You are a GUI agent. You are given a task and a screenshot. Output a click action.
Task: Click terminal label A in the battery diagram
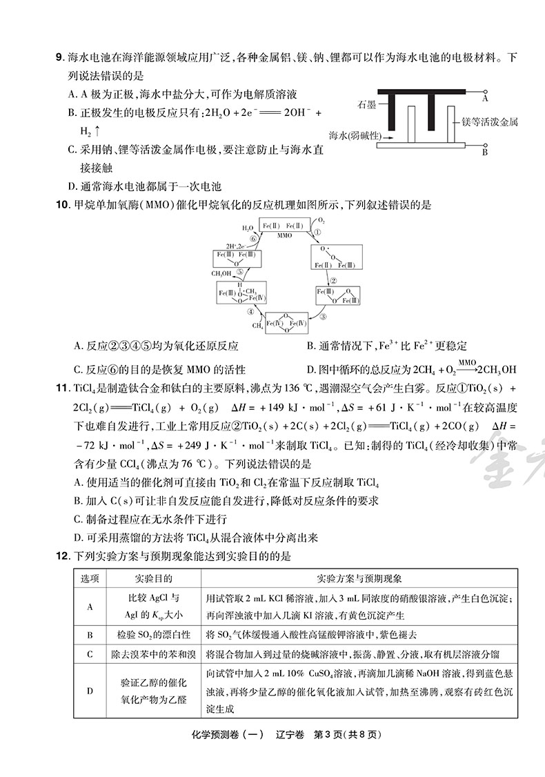tap(485, 99)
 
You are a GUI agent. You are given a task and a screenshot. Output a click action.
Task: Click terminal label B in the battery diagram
tap(485, 152)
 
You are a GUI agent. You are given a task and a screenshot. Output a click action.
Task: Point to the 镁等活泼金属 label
tap(490, 122)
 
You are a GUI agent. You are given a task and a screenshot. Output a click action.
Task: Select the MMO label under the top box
tap(285, 235)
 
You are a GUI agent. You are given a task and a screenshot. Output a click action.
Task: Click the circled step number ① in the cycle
tap(318, 233)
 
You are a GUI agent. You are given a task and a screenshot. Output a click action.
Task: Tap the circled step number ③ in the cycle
tap(322, 317)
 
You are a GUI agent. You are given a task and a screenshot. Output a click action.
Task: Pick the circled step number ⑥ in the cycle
tap(253, 238)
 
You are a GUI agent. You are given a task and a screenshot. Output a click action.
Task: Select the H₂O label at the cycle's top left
tap(247, 227)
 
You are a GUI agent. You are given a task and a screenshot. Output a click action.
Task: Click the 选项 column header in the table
tap(90, 578)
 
